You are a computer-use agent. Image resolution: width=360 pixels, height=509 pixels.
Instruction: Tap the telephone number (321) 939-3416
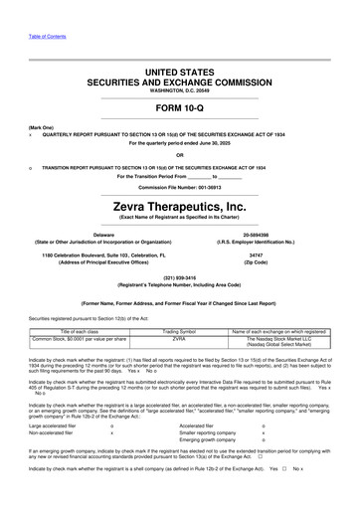tap(179, 277)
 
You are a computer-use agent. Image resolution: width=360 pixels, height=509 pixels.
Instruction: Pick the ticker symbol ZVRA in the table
tap(180, 338)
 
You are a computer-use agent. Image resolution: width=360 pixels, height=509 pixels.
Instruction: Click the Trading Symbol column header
tap(180, 330)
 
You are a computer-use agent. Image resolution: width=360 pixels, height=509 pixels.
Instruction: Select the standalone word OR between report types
tap(179, 153)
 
